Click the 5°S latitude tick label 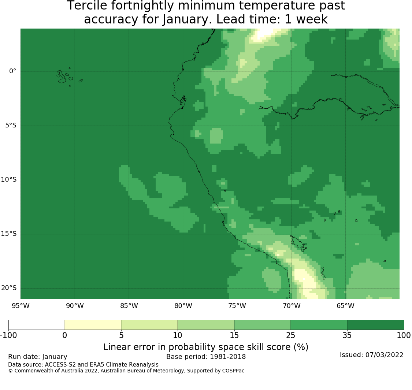[x=11, y=125]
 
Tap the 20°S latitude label [x=9, y=288]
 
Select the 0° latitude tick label [x=12, y=71]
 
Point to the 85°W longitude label [x=129, y=306]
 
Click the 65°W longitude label [x=345, y=306]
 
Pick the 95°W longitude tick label [x=21, y=306]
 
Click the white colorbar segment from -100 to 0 [x=37, y=325]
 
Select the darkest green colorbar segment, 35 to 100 [x=375, y=325]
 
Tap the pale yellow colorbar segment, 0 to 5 [x=93, y=325]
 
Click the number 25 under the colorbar [x=291, y=335]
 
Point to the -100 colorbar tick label [x=9, y=335]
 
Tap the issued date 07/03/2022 [x=384, y=355]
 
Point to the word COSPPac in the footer [x=233, y=371]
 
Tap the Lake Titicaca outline [x=298, y=244]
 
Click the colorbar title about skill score [x=206, y=347]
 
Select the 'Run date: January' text [x=38, y=357]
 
